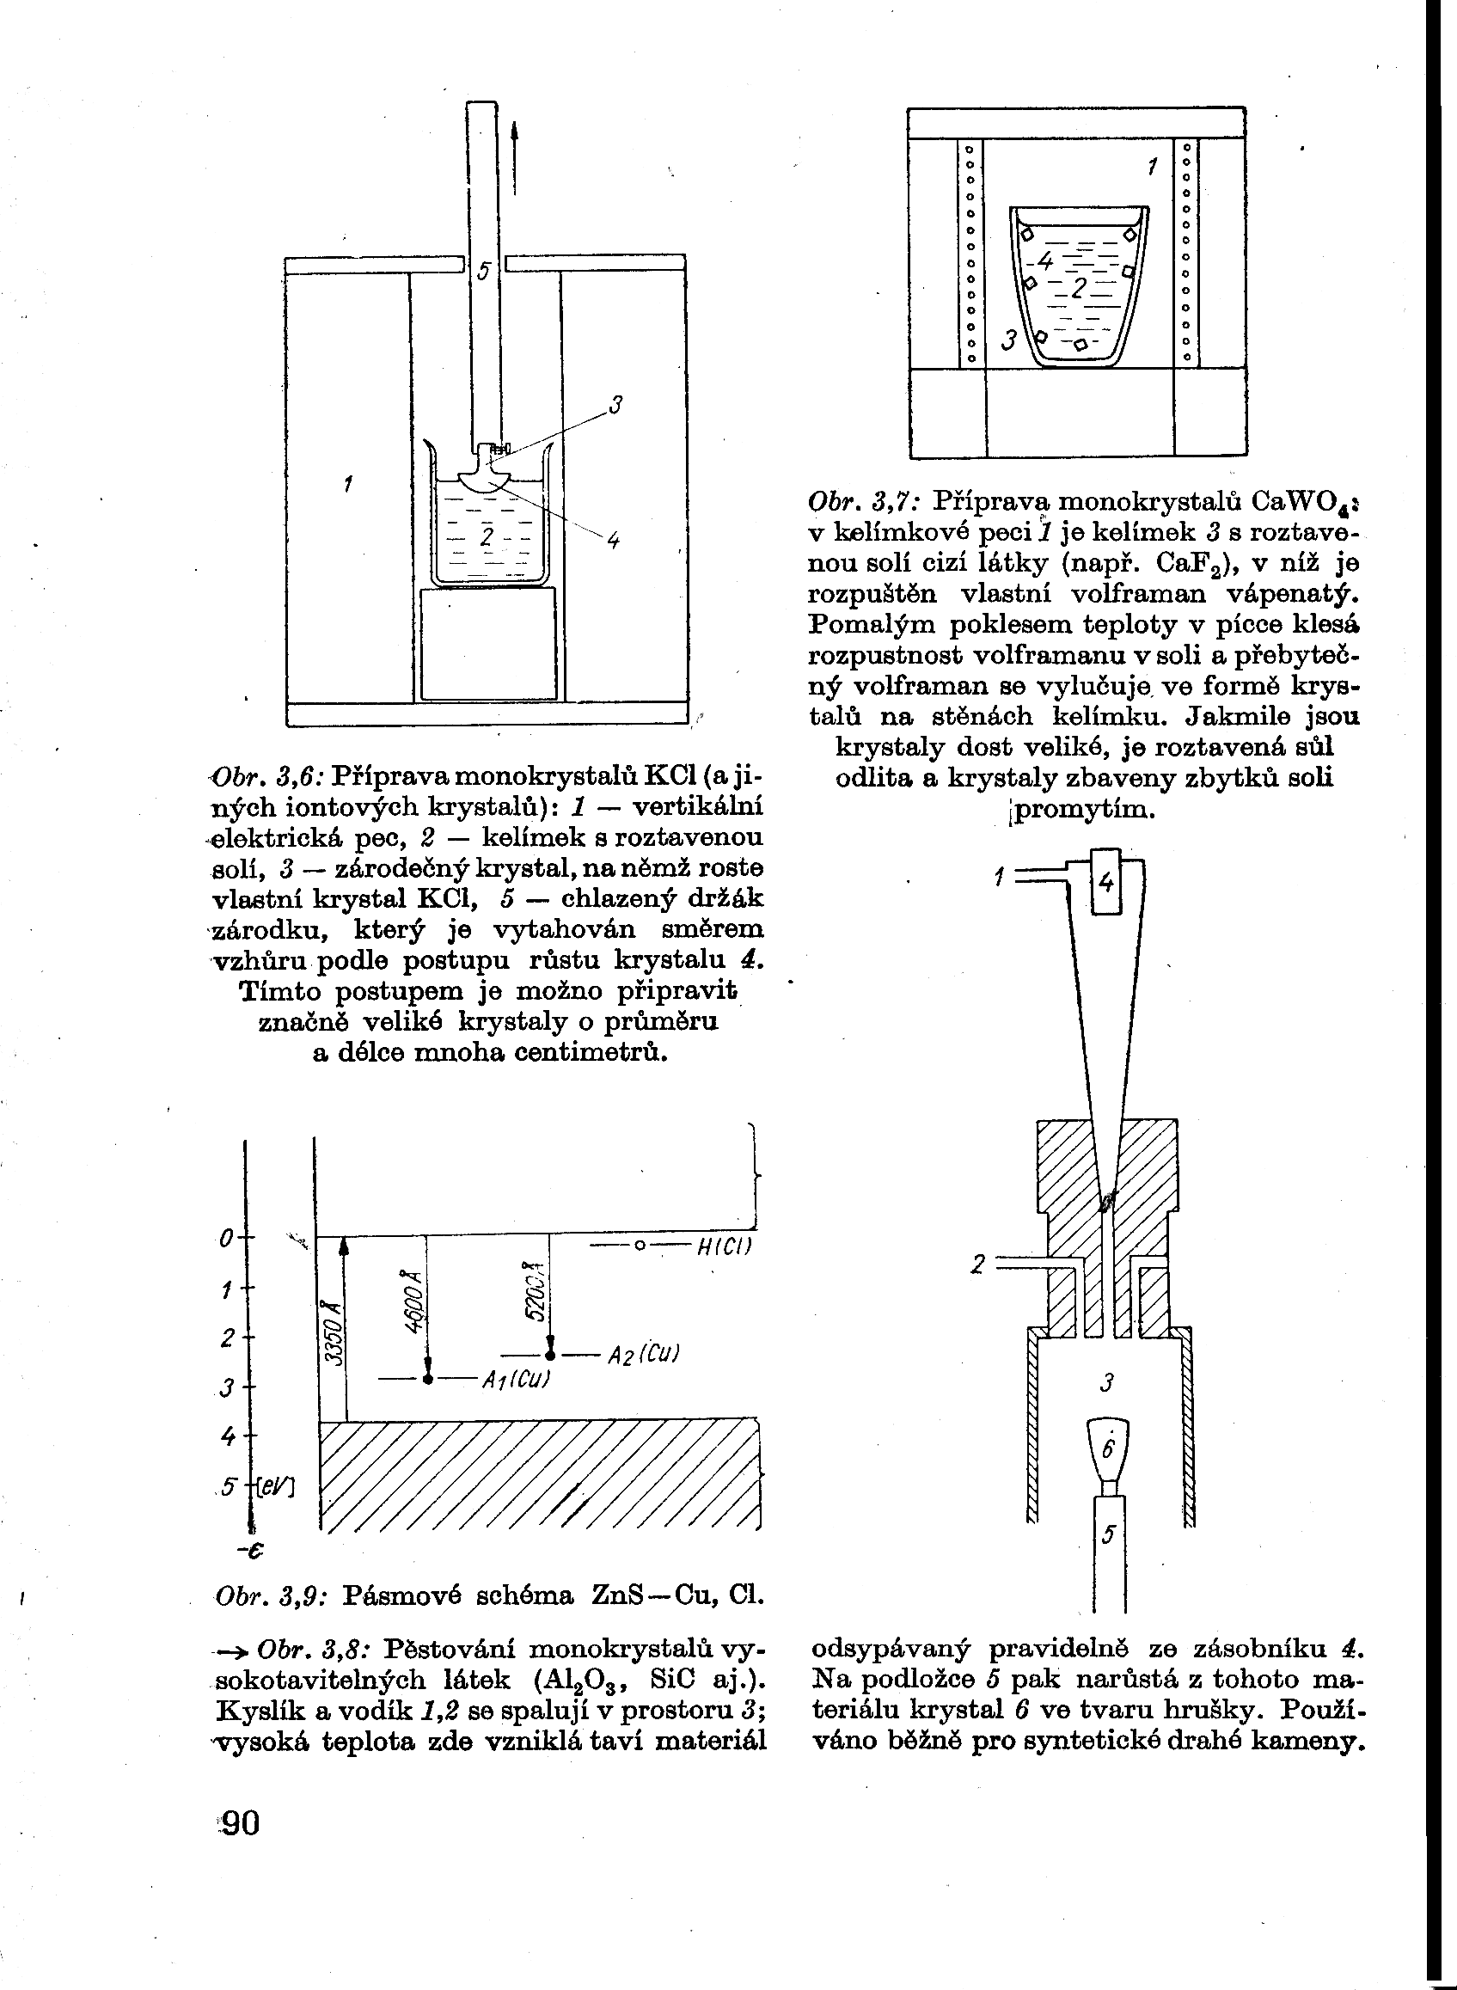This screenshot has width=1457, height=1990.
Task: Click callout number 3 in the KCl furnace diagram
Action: pos(616,406)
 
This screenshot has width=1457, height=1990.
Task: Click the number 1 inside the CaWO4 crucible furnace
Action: pos(1152,165)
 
